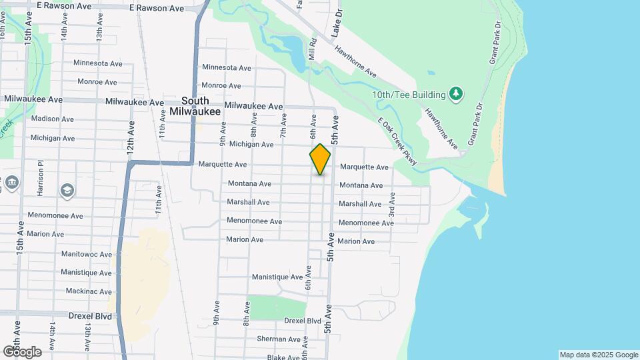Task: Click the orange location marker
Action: click(x=321, y=159)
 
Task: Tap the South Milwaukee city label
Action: click(x=195, y=107)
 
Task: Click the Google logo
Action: click(x=22, y=351)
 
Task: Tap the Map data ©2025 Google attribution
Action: click(x=598, y=355)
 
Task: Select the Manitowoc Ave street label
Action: click(x=86, y=254)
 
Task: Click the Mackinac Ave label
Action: click(x=89, y=291)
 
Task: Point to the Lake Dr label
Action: click(x=338, y=23)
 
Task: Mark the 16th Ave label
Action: click(x=4, y=30)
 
